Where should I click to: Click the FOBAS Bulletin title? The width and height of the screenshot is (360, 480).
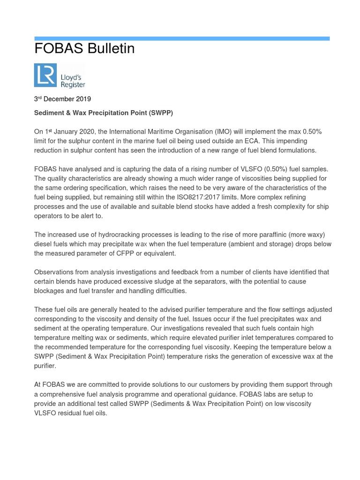click(84, 49)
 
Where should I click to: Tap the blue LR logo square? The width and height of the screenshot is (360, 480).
click(45, 75)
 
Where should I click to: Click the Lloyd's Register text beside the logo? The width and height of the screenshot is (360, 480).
click(73, 79)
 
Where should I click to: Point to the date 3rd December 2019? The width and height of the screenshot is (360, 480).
click(62, 99)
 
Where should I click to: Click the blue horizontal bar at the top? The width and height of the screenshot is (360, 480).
click(182, 38)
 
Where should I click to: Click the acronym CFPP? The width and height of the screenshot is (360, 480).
click(141, 254)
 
